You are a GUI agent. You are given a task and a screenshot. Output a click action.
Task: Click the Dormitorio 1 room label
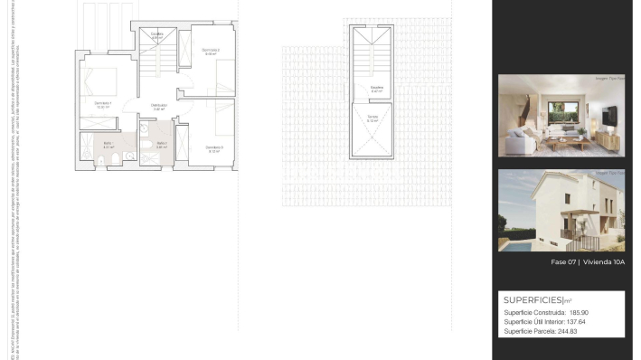pyautogui.click(x=102, y=103)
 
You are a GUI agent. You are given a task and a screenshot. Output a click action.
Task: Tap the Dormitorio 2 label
pyautogui.click(x=210, y=50)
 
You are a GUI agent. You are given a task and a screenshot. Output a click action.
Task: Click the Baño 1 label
pyautogui.click(x=108, y=143)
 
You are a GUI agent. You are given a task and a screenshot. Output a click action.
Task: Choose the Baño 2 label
pyautogui.click(x=161, y=143)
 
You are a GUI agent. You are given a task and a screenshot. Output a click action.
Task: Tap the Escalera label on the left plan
pyautogui.click(x=157, y=34)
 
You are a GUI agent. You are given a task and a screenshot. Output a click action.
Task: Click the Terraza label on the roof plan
pyautogui.click(x=372, y=117)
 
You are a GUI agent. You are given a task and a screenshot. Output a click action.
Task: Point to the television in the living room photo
pyautogui.click(x=608, y=114)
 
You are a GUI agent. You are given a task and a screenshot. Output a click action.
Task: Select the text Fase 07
pyautogui.click(x=563, y=262)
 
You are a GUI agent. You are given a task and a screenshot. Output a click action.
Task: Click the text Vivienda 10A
pyautogui.click(x=605, y=262)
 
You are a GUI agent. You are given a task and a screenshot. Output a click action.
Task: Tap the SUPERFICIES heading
pyautogui.click(x=533, y=299)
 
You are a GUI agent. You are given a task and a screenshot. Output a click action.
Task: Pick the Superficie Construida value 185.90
pyautogui.click(x=585, y=312)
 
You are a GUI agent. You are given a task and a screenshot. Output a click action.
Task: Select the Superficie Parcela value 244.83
pyautogui.click(x=567, y=331)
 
